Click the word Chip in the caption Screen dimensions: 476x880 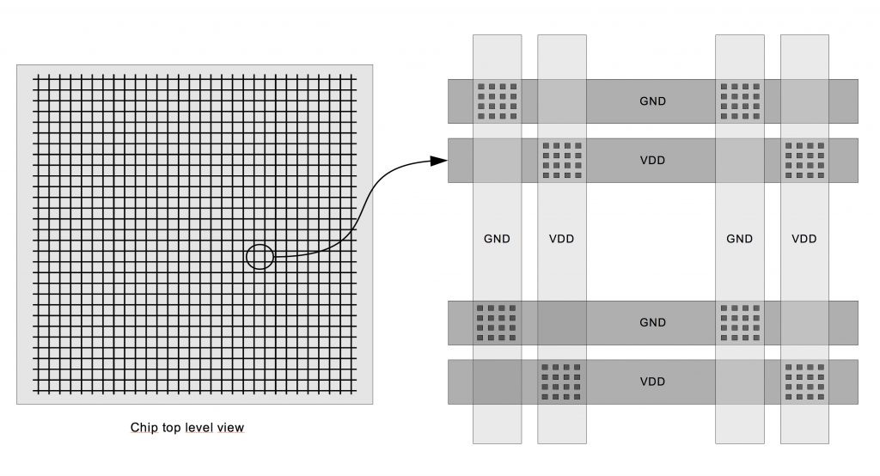click(143, 427)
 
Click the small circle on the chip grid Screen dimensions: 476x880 click(260, 256)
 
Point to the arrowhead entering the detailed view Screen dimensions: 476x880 click(438, 161)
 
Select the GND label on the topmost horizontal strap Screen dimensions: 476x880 click(652, 101)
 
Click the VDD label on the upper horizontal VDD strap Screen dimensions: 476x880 click(652, 161)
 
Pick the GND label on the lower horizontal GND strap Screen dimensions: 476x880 click(652, 323)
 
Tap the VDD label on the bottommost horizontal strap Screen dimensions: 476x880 click(652, 381)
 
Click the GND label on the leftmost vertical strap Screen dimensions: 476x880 click(497, 239)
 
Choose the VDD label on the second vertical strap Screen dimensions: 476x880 click(561, 239)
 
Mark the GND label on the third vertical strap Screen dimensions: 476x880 click(739, 239)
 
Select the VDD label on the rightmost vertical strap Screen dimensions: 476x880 click(804, 239)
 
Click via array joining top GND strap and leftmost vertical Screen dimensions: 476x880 click(497, 101)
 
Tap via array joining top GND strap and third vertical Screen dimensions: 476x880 click(740, 101)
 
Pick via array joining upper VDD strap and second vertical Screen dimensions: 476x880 click(562, 161)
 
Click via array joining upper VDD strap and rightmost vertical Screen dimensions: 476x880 click(804, 161)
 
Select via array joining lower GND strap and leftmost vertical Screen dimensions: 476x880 click(497, 323)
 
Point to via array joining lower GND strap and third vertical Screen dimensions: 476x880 click(740, 323)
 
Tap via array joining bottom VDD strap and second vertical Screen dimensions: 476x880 click(562, 381)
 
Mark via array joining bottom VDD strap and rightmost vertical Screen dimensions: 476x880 click(804, 381)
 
